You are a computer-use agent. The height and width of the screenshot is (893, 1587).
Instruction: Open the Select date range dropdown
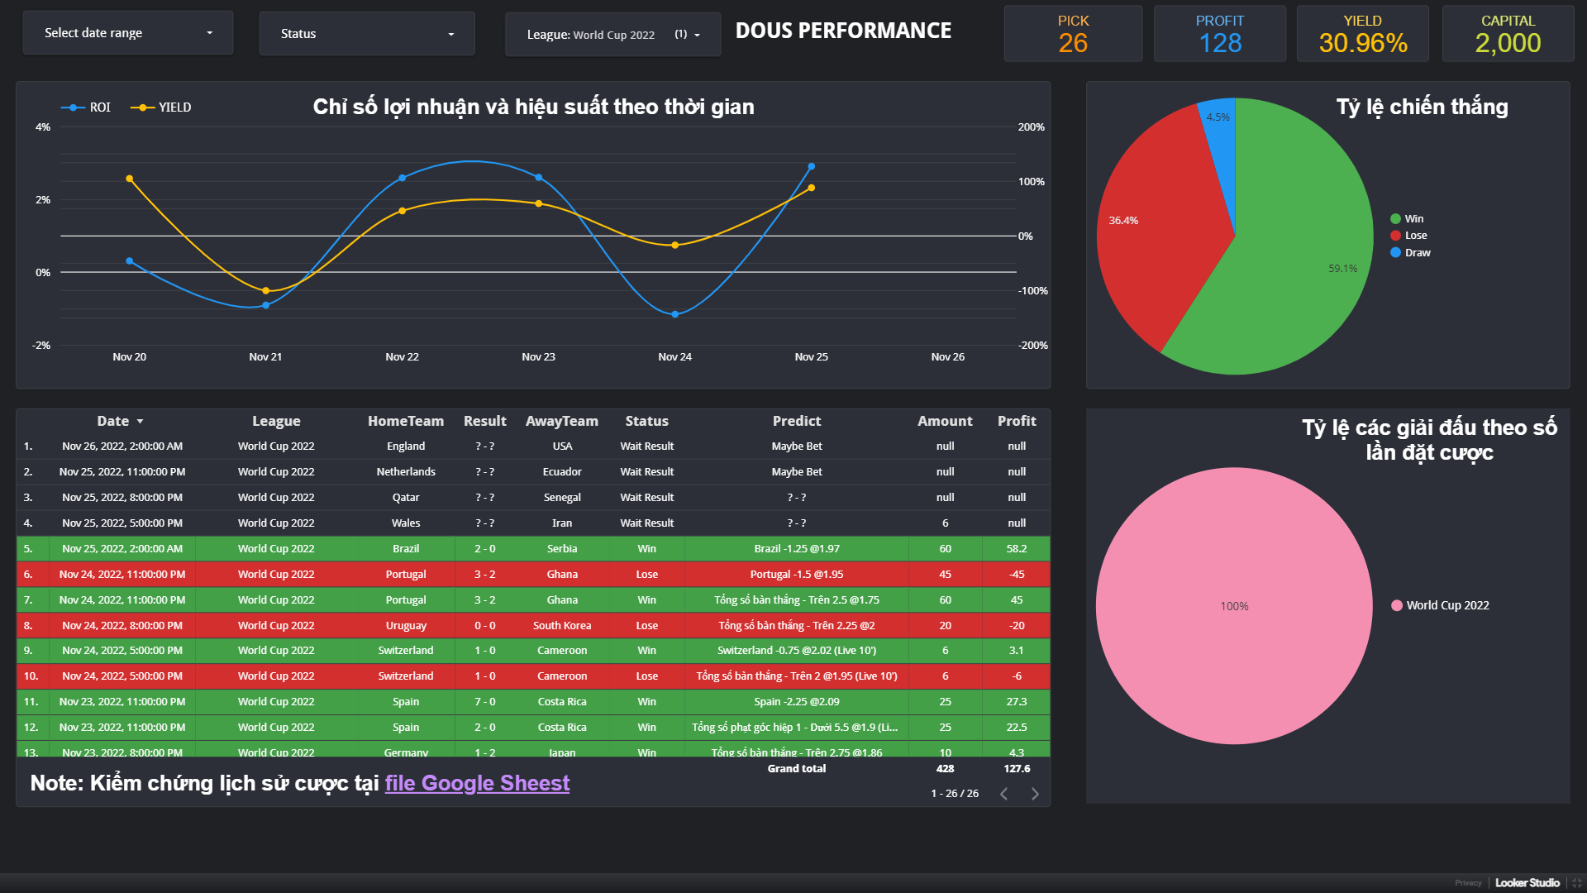tap(128, 33)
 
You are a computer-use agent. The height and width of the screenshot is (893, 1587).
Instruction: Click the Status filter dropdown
tap(367, 34)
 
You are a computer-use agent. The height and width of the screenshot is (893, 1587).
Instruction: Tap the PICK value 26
tap(1073, 43)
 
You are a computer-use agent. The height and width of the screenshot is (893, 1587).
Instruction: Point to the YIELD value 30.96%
tap(1363, 43)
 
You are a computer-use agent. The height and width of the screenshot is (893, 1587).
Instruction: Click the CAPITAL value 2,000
tap(1508, 43)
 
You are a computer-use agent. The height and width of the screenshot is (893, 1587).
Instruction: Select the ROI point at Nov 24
tap(675, 314)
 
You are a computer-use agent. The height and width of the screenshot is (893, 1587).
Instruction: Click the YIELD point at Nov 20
tap(130, 179)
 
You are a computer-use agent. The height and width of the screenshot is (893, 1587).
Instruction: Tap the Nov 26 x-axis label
tap(947, 357)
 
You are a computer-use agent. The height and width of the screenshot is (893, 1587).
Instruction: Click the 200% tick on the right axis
tap(1031, 127)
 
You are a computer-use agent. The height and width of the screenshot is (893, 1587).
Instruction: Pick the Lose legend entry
tap(1415, 236)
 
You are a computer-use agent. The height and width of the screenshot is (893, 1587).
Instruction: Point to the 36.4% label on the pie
tap(1123, 221)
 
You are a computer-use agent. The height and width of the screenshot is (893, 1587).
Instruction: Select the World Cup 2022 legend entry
tap(1446, 605)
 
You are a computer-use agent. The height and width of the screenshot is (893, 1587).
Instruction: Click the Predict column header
tap(796, 422)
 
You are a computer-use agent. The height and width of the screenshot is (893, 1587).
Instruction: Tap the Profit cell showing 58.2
tap(1017, 549)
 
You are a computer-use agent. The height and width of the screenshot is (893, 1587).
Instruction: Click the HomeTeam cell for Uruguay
tap(406, 626)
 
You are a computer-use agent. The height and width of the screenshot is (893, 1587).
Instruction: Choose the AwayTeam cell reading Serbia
tap(562, 549)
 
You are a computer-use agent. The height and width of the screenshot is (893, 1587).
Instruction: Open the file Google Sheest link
tap(477, 783)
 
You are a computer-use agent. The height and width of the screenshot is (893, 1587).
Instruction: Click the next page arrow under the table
tap(1035, 794)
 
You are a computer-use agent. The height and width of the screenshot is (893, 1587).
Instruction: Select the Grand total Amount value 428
tap(945, 769)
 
